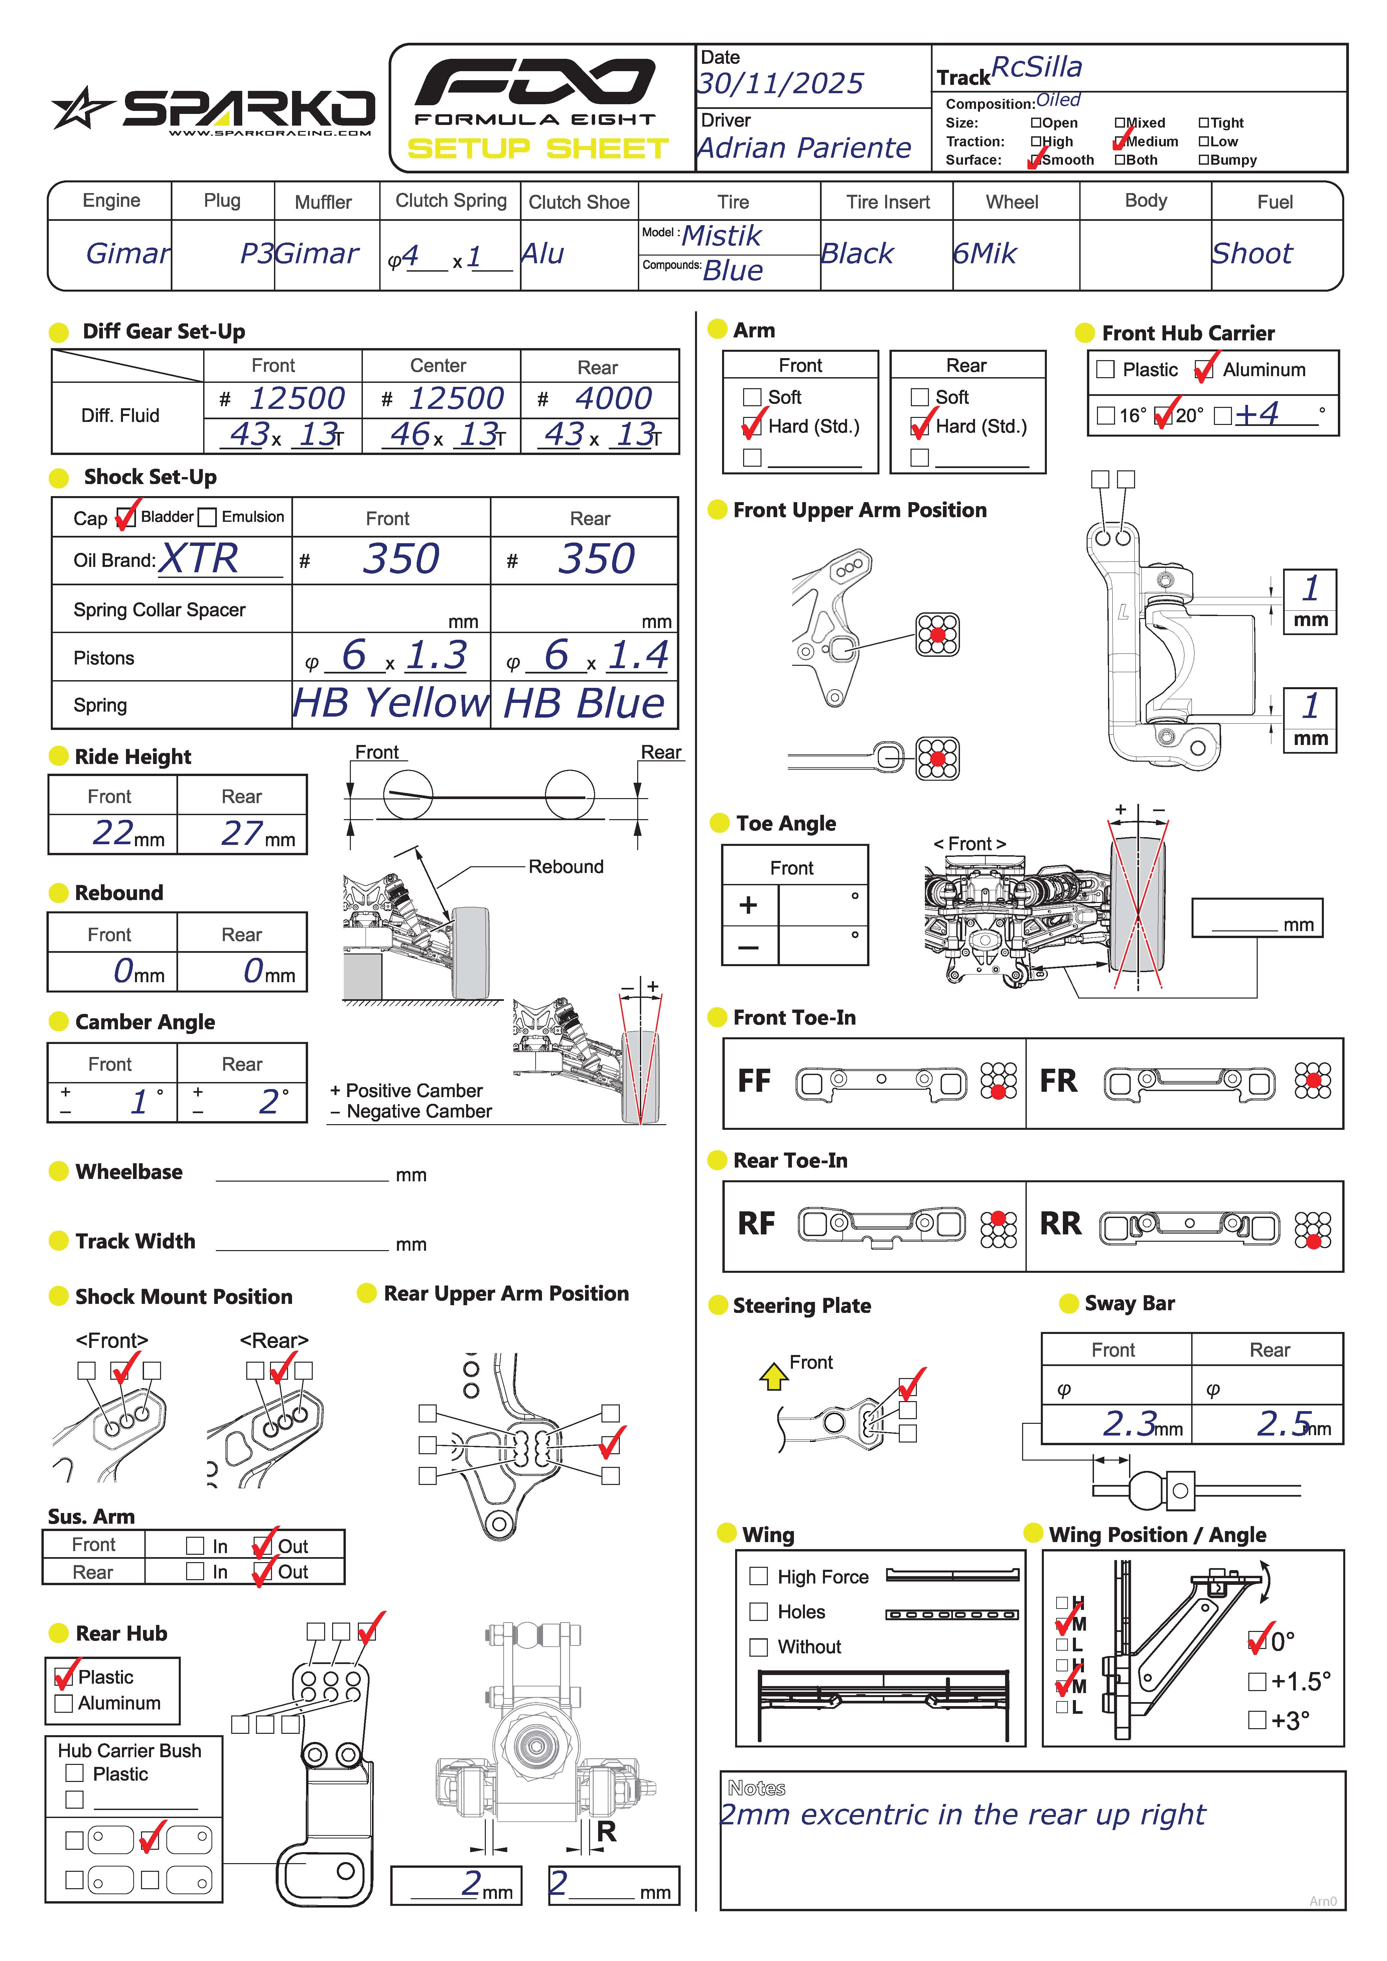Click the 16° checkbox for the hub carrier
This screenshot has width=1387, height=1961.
pos(1106,416)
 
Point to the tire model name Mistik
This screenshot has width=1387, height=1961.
pos(722,236)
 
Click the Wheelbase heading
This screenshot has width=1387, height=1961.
pos(129,1172)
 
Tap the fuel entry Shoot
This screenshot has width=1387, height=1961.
pos(1252,254)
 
